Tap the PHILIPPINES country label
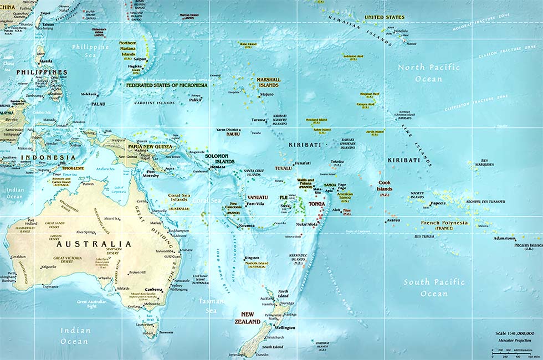click(x=42, y=73)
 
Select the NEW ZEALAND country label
click(x=247, y=318)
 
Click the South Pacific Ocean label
click(x=434, y=287)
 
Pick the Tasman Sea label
click(x=212, y=305)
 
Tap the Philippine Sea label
click(x=90, y=51)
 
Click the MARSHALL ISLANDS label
click(x=268, y=83)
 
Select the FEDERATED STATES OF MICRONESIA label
click(x=167, y=86)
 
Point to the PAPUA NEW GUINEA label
click(x=150, y=147)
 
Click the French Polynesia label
click(x=444, y=225)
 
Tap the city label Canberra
click(x=153, y=289)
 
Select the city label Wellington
click(x=284, y=328)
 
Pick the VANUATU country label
click(x=257, y=197)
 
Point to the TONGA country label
click(x=316, y=204)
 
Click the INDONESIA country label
click(x=40, y=157)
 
